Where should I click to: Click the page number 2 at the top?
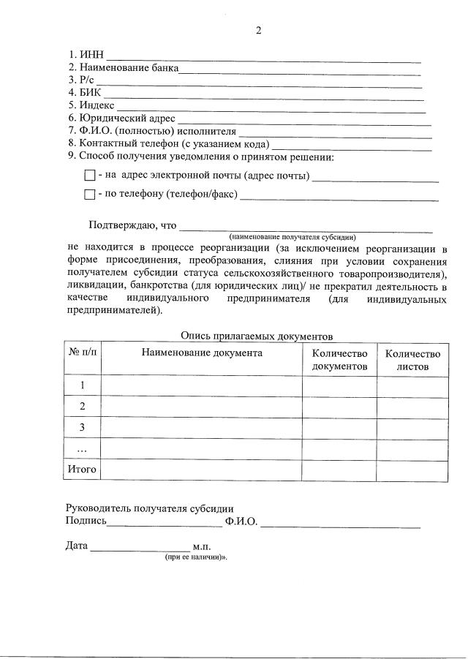257,30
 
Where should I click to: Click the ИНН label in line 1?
92,56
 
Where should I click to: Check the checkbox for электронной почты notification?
90,176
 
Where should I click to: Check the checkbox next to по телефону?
90,195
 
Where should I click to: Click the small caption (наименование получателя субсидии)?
292,237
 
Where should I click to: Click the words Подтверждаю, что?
132,225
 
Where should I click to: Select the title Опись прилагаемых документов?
257,336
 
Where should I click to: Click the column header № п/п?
82,353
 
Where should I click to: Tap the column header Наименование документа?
202,353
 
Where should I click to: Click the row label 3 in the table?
82,427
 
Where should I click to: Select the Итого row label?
82,470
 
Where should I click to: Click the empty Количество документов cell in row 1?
339,385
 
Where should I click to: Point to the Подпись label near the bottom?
86,521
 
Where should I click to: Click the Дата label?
77,546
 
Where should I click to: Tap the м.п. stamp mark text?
202,546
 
